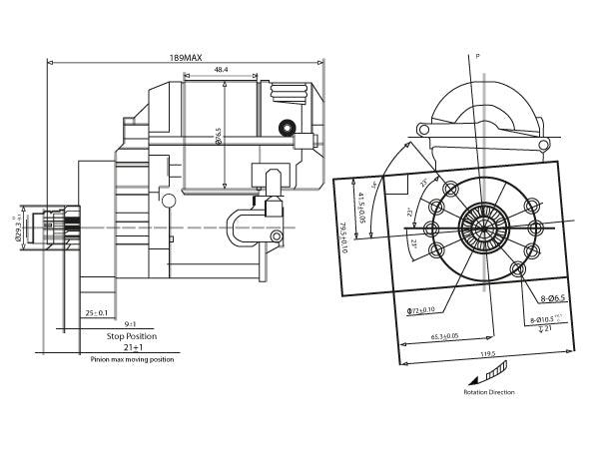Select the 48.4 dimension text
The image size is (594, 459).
pos(221,70)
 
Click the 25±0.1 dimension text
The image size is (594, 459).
pos(96,312)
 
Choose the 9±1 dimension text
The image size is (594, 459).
pos(131,323)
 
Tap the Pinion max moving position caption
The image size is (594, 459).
pos(131,358)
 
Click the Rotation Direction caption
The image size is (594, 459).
pos(489,392)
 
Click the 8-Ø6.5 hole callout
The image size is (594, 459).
pos(554,297)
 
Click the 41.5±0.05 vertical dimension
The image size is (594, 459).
pos(362,204)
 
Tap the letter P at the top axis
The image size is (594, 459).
pos(478,57)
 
